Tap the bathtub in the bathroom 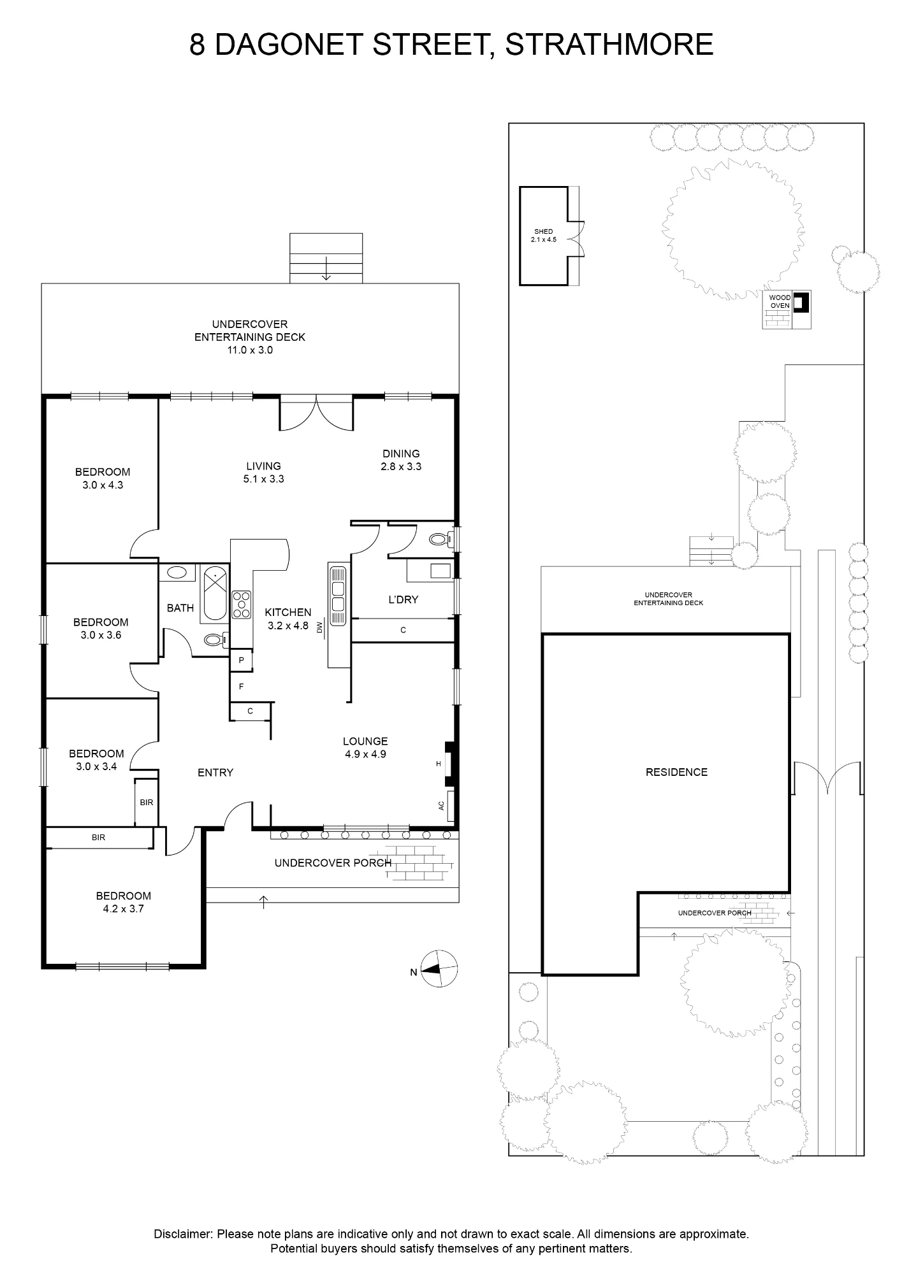coord(215,594)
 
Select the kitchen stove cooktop coord(242,605)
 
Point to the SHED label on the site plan coord(544,231)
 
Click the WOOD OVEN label coord(780,302)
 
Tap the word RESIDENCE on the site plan coord(676,772)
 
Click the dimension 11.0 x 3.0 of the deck coord(250,350)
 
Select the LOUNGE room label coord(365,741)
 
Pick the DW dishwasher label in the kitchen coord(320,628)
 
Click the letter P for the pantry coord(242,661)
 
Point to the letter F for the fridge coord(242,687)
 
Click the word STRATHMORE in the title coord(609,45)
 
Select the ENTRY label coord(215,773)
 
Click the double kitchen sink coord(338,596)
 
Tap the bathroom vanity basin coord(176,572)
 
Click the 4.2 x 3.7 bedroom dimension coord(124,909)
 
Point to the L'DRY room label coord(403,599)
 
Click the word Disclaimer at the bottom coord(182,1234)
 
